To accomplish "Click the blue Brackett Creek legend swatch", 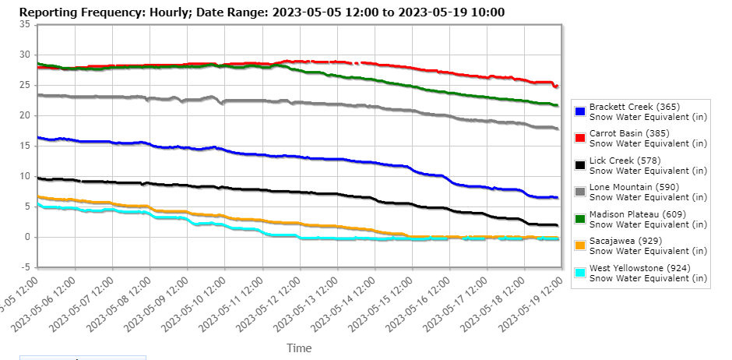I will tap(580, 111).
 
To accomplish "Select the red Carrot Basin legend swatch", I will tap(580, 138).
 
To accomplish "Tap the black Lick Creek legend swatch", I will tap(580, 165).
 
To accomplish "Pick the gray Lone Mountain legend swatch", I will tap(580, 192).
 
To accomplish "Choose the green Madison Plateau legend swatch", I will tap(580, 219).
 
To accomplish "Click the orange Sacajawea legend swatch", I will tap(580, 245).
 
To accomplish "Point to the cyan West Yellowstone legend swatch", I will tap(580, 273).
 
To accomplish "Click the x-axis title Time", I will tap(299, 348).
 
